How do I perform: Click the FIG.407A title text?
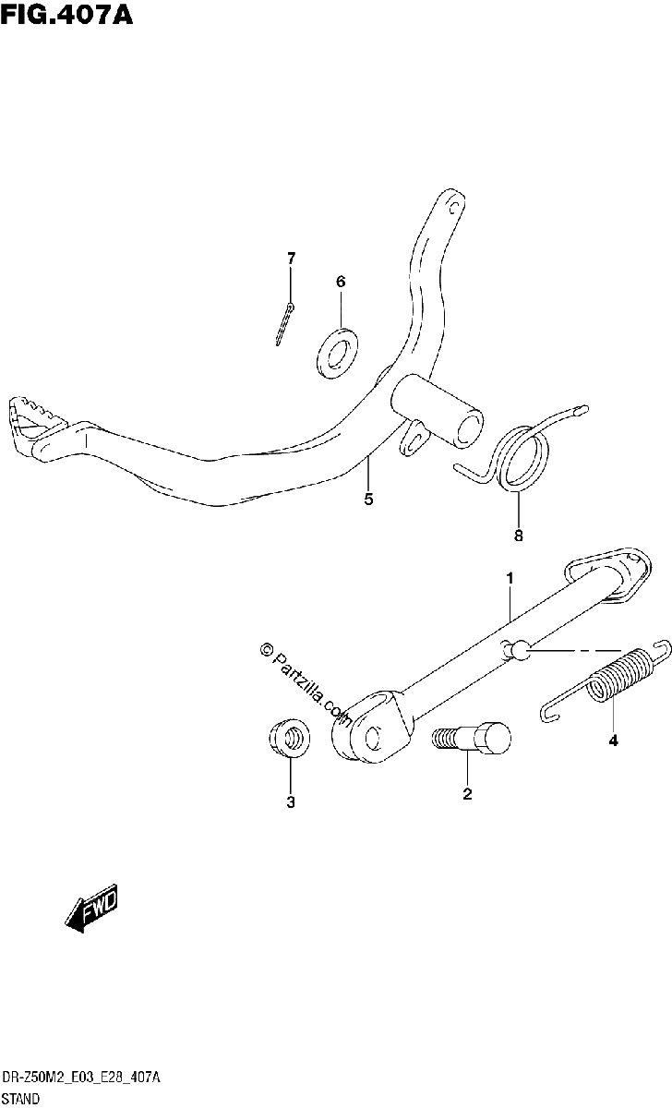point(66,15)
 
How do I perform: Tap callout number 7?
point(292,259)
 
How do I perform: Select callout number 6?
point(341,282)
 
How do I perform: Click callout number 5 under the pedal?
point(368,500)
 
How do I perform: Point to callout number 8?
point(518,536)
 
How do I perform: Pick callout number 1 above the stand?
point(510,578)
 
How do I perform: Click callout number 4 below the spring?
point(613,741)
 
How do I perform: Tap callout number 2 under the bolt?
point(467,794)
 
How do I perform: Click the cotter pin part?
point(285,324)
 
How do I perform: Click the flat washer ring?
point(337,353)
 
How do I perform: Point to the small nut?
point(290,739)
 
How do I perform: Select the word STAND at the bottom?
point(20,1099)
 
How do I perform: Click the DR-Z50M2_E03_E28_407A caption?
point(81,1078)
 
